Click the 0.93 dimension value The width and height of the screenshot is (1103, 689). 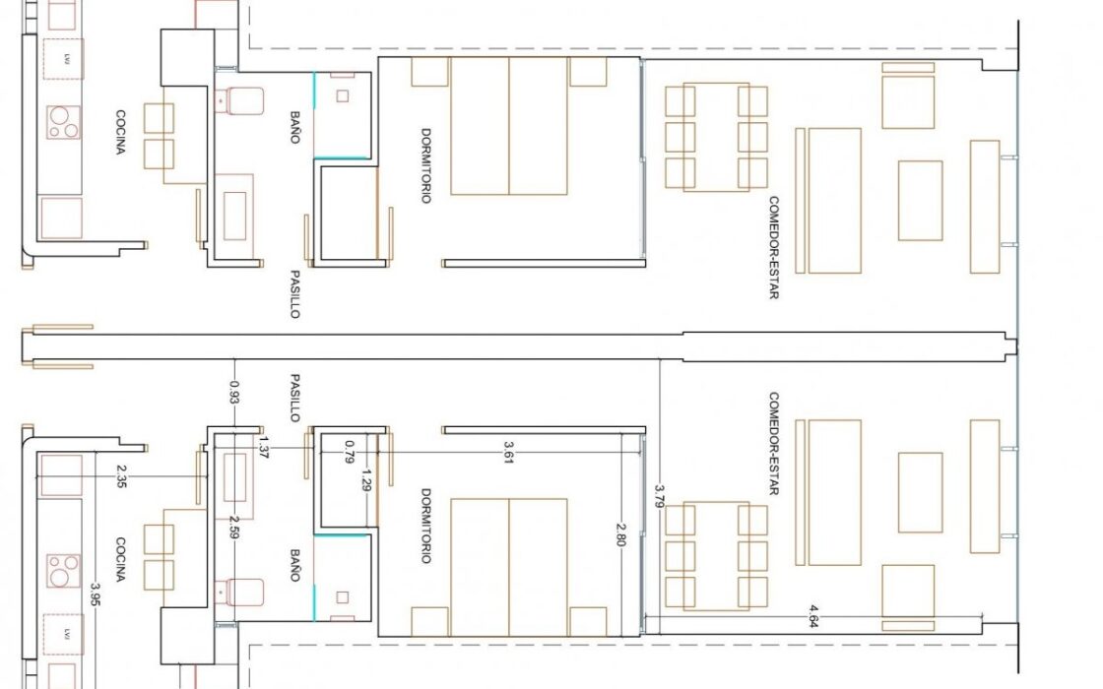pos(234,392)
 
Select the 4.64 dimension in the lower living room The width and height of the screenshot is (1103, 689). pos(813,616)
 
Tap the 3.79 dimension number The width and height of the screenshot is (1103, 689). pos(659,496)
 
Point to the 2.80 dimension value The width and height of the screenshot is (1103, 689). pos(620,534)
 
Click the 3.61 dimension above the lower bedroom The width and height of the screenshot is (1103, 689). pos(508,452)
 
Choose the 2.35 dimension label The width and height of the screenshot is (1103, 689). pos(121,476)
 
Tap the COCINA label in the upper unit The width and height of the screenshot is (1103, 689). pos(121,132)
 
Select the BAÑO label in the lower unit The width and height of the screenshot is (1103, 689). pos(294,565)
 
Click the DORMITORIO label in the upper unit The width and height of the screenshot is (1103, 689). pos(425,165)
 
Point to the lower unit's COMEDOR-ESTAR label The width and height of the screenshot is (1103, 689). pos(774,444)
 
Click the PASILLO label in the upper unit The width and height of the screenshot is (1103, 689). pos(294,294)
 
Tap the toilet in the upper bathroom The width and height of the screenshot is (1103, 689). pos(239,100)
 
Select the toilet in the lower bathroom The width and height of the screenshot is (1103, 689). pos(239,593)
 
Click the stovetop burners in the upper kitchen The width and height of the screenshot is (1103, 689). pos(63,122)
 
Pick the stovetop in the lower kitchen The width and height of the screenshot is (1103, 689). pos(63,571)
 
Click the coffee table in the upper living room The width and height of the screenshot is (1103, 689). pos(920,201)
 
